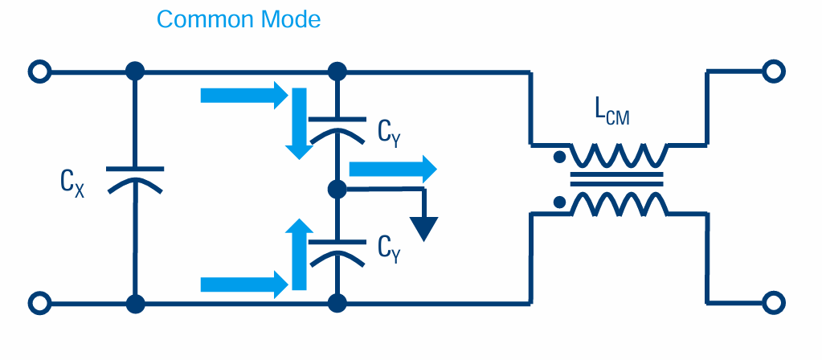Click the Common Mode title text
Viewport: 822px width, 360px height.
(x=239, y=18)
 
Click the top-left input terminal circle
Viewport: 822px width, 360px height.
(x=39, y=72)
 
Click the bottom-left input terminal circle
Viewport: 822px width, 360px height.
(x=39, y=304)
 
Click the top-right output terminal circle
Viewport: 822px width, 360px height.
(x=772, y=72)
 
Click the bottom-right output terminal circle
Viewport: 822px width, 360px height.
(x=772, y=304)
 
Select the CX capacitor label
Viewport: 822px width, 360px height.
(x=73, y=184)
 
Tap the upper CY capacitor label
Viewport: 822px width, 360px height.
(x=390, y=131)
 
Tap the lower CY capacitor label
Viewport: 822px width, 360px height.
(x=390, y=247)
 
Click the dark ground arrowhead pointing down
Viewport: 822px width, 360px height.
(x=427, y=229)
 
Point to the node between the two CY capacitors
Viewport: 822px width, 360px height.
(x=337, y=190)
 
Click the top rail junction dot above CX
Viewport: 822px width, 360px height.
(x=134, y=72)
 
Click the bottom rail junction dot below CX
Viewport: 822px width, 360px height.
(x=134, y=304)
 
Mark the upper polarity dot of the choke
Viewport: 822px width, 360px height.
(x=558, y=157)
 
